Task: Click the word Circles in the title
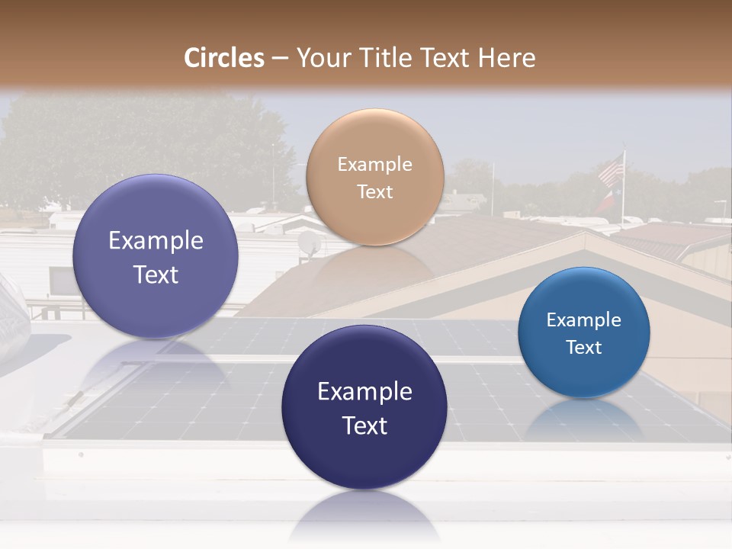tap(223, 58)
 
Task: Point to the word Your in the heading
tap(323, 58)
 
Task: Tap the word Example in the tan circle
tap(374, 164)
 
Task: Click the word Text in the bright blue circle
tap(584, 348)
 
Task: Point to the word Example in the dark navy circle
tap(364, 391)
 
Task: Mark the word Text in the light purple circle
tap(156, 274)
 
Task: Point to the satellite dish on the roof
tap(310, 242)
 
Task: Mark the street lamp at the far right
tap(721, 204)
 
